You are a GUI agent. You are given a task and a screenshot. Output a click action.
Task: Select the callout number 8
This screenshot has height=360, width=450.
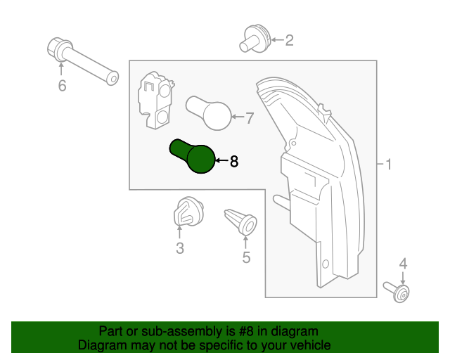(x=234, y=162)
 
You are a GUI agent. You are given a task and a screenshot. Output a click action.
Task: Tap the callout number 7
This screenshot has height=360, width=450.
(x=249, y=118)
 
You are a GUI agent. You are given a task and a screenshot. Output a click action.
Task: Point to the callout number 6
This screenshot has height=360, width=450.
(x=61, y=86)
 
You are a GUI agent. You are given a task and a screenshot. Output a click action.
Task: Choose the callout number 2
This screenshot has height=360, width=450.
(x=288, y=40)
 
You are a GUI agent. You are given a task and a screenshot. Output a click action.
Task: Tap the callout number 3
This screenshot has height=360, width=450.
(x=180, y=247)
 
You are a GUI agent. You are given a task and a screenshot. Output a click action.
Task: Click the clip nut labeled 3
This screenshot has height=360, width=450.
(x=187, y=214)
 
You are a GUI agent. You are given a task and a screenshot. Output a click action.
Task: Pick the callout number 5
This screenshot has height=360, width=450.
(x=246, y=257)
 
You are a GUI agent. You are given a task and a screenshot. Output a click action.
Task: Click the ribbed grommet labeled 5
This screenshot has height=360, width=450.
(x=240, y=220)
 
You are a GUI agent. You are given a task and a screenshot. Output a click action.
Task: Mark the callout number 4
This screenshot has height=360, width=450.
(x=403, y=264)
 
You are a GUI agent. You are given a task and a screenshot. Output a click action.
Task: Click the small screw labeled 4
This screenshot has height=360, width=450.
(x=398, y=291)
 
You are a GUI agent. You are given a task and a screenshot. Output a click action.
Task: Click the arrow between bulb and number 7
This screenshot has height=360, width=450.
(x=238, y=117)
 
